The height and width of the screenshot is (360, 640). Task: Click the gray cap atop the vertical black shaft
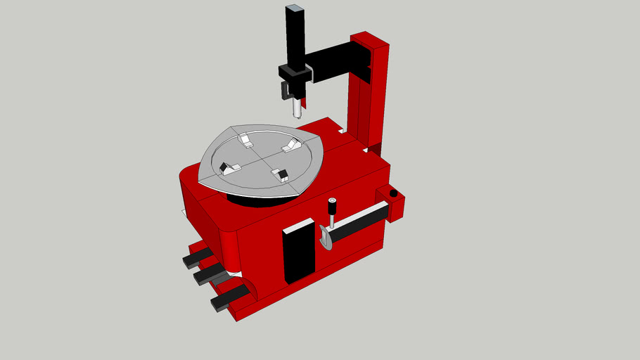pyautogui.click(x=295, y=10)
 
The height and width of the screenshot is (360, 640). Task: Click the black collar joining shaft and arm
pyautogui.click(x=294, y=72)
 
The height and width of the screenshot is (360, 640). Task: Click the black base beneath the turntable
pyautogui.click(x=253, y=200)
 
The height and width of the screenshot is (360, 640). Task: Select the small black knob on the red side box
pyautogui.click(x=393, y=193)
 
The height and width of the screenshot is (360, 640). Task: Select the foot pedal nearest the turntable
pyautogui.click(x=198, y=257)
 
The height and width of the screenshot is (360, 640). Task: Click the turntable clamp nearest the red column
pyautogui.click(x=292, y=146)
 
